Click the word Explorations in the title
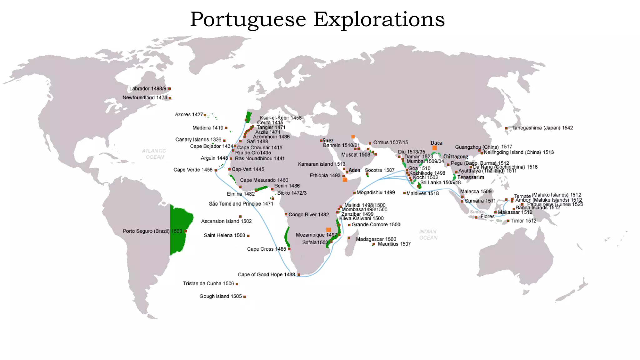379,20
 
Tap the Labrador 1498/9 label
147,89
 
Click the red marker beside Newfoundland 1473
170,98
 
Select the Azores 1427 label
189,115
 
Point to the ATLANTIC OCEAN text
154,154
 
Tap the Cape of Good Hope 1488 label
266,275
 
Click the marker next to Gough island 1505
244,297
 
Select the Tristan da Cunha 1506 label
208,283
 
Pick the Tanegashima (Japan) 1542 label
542,128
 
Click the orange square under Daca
434,148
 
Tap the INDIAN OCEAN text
428,235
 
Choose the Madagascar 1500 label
376,239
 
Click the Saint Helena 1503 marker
248,236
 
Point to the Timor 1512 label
523,221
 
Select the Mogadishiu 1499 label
376,192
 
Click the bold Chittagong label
455,157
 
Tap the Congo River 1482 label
308,215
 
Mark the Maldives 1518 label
422,193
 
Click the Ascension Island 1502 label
226,221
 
